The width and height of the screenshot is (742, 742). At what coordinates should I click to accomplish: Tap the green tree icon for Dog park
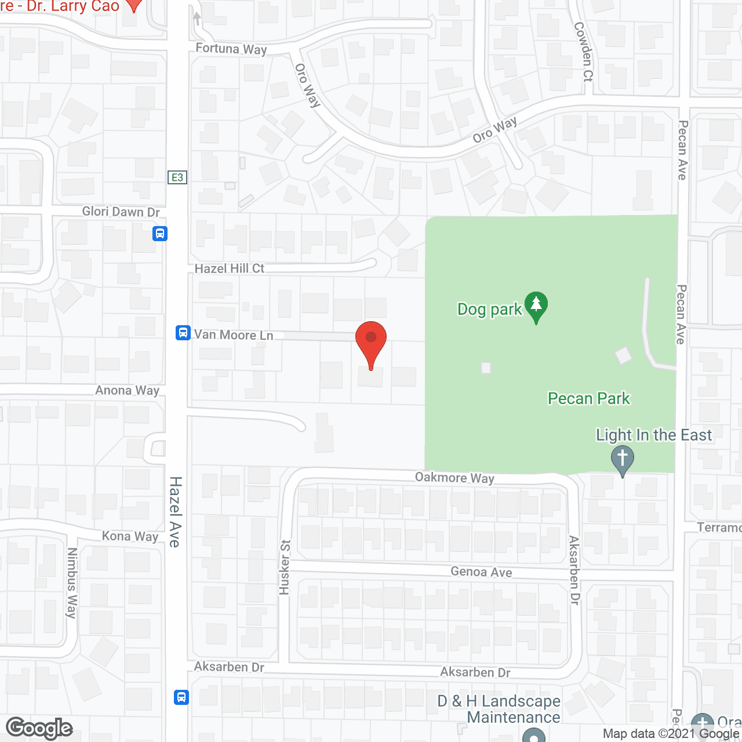(x=536, y=305)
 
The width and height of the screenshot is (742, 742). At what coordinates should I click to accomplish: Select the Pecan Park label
(x=588, y=399)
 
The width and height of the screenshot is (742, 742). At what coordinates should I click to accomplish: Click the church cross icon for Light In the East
(x=623, y=460)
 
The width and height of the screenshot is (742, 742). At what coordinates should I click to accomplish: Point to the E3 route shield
(x=177, y=177)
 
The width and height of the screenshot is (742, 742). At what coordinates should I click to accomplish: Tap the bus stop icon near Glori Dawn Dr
(x=160, y=234)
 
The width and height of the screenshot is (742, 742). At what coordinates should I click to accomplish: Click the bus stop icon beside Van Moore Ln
(x=183, y=333)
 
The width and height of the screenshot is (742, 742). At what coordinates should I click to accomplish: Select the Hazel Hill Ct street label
(x=229, y=268)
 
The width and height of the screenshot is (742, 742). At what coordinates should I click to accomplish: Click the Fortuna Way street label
(x=231, y=49)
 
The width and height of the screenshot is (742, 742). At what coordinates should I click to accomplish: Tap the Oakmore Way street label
(x=454, y=478)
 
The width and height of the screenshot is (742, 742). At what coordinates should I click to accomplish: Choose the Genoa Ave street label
(x=481, y=572)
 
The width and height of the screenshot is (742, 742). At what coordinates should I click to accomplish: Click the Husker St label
(x=285, y=568)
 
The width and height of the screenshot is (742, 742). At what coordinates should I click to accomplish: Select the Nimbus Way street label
(x=72, y=583)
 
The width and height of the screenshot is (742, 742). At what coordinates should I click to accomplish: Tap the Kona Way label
(x=130, y=536)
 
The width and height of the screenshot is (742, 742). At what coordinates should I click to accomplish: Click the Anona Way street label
(x=127, y=391)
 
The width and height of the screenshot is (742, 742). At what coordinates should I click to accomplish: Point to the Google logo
(x=39, y=728)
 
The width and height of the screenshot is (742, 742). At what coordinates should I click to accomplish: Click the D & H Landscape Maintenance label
(x=499, y=709)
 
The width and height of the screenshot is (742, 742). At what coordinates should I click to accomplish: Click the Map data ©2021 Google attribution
(x=671, y=734)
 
